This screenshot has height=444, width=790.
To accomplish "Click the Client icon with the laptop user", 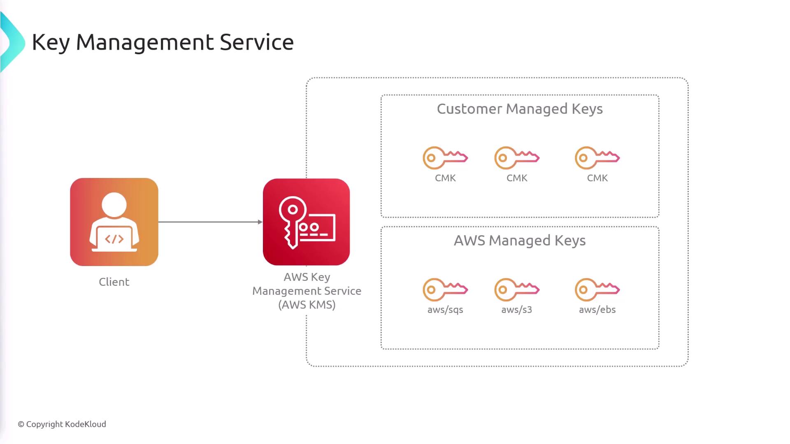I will (x=114, y=222).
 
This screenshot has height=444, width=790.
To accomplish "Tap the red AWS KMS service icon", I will (x=306, y=222).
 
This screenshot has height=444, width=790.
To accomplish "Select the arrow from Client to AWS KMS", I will (x=210, y=222).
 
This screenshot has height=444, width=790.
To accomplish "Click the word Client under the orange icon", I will (x=114, y=282).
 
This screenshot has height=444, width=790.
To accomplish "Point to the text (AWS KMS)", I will (x=307, y=305).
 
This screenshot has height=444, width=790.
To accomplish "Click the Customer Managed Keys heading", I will (x=520, y=109).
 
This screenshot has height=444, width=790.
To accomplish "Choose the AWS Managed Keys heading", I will (x=520, y=240).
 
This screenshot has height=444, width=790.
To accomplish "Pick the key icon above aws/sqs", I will (x=445, y=289).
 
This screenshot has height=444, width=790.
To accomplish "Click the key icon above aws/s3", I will (x=517, y=289).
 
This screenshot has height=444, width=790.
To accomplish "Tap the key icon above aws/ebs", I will (x=597, y=289).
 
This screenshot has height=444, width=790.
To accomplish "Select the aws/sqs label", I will (x=445, y=310).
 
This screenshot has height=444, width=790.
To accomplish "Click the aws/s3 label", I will (x=517, y=310).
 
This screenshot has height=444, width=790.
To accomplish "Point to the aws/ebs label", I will (x=597, y=310).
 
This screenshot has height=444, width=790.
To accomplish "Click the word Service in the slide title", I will (x=257, y=42).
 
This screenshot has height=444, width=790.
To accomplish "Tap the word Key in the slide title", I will (x=51, y=43).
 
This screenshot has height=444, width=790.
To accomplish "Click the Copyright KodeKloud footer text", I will (x=62, y=424).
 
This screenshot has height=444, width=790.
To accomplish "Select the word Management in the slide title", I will (x=145, y=43).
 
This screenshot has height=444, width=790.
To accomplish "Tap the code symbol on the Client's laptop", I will (x=114, y=239).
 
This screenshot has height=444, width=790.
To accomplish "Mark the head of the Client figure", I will (x=114, y=205).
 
